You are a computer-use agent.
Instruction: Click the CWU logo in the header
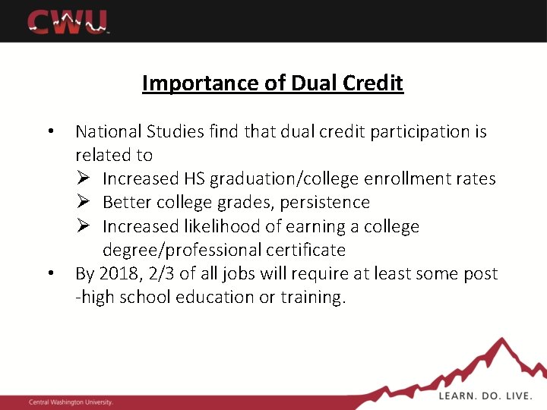click(x=69, y=21)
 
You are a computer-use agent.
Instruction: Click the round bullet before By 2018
click(x=49, y=273)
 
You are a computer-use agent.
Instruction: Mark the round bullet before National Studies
click(x=49, y=131)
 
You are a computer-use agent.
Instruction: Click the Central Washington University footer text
click(x=70, y=402)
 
